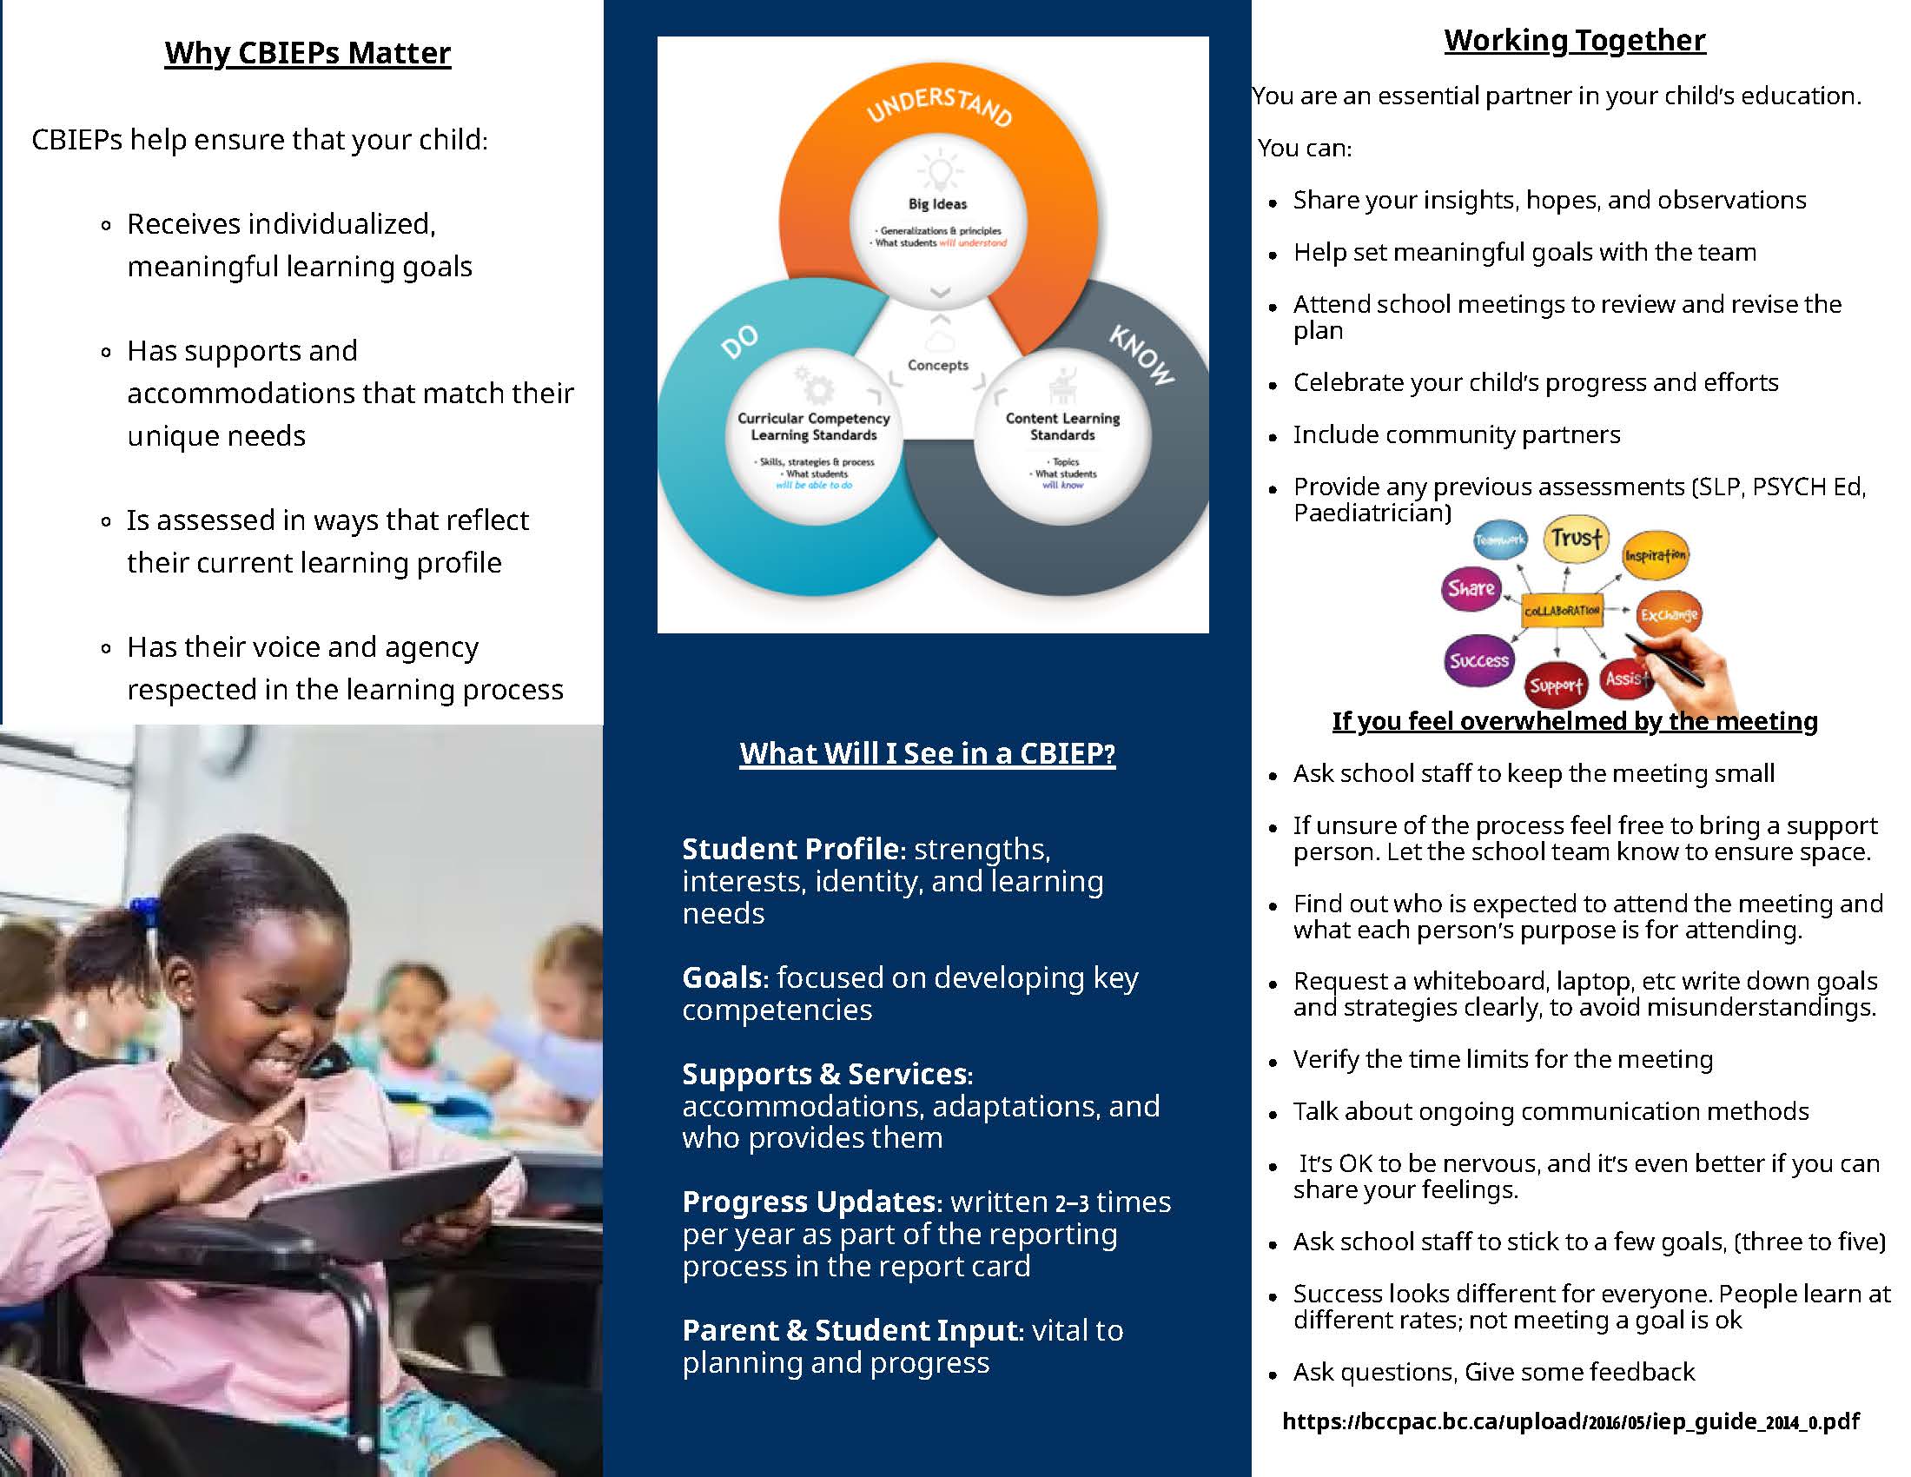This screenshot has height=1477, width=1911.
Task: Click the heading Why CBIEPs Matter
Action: (x=307, y=53)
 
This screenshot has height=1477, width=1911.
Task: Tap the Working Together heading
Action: (x=1574, y=40)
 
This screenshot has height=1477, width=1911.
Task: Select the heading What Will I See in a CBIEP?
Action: (x=928, y=753)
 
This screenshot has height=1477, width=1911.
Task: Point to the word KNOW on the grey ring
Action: (x=1143, y=354)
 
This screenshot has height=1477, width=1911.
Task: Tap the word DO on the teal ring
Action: (x=740, y=341)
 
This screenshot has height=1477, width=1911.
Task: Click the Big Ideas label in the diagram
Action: (x=937, y=204)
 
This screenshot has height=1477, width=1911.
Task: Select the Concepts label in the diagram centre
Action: (x=938, y=365)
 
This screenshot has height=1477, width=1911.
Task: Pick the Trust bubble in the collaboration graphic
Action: (x=1576, y=538)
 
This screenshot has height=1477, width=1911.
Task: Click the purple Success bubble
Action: (x=1478, y=660)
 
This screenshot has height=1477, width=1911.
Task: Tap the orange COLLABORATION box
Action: (x=1562, y=610)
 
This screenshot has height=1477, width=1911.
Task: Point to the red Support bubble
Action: (x=1556, y=686)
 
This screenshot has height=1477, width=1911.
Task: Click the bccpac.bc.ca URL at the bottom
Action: (x=1570, y=1421)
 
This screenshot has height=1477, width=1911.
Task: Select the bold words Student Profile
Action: (x=790, y=849)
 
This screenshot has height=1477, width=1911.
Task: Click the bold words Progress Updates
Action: (x=809, y=1202)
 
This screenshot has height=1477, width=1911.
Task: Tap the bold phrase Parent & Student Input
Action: (x=851, y=1330)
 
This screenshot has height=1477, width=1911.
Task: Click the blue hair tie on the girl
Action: (x=143, y=911)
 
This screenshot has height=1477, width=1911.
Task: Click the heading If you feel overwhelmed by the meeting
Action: (x=1575, y=721)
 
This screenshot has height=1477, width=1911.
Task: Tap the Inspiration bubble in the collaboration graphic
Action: (x=1655, y=555)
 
